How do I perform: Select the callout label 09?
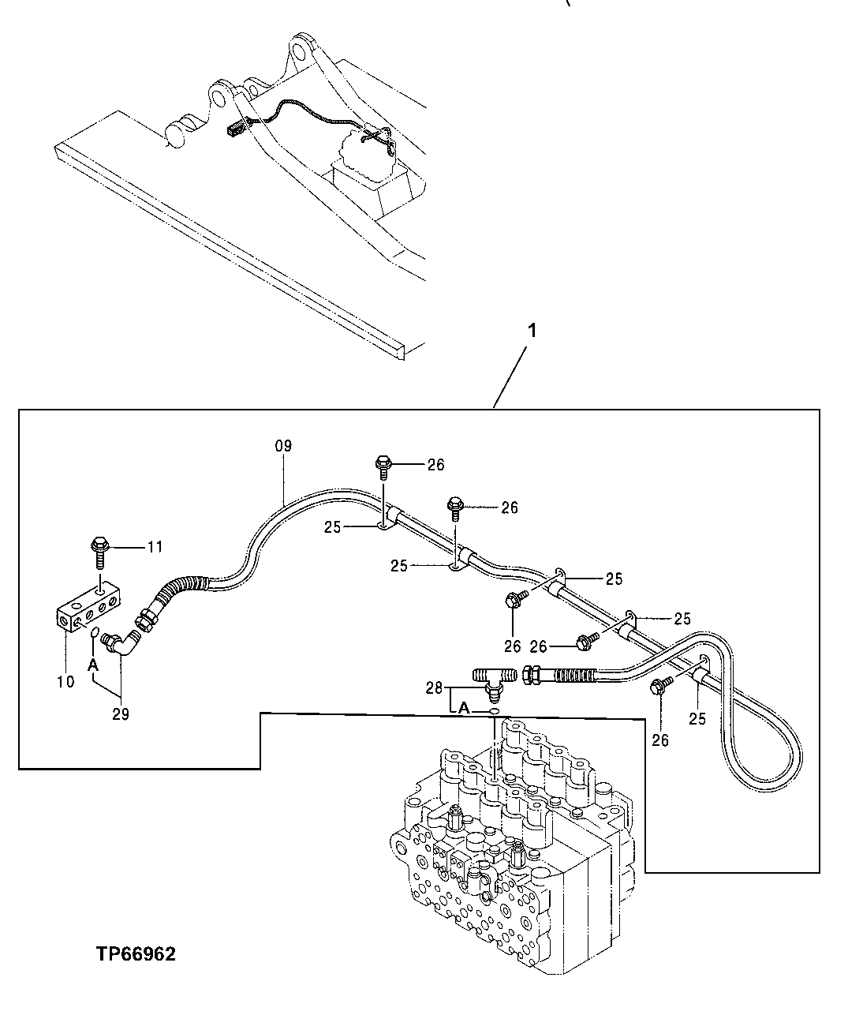pos(283,446)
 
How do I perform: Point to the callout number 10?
pos(65,681)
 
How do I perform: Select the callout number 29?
pos(121,714)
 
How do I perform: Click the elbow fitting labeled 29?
pos(125,642)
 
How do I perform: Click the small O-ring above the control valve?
pos(493,711)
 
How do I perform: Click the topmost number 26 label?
pos(435,465)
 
